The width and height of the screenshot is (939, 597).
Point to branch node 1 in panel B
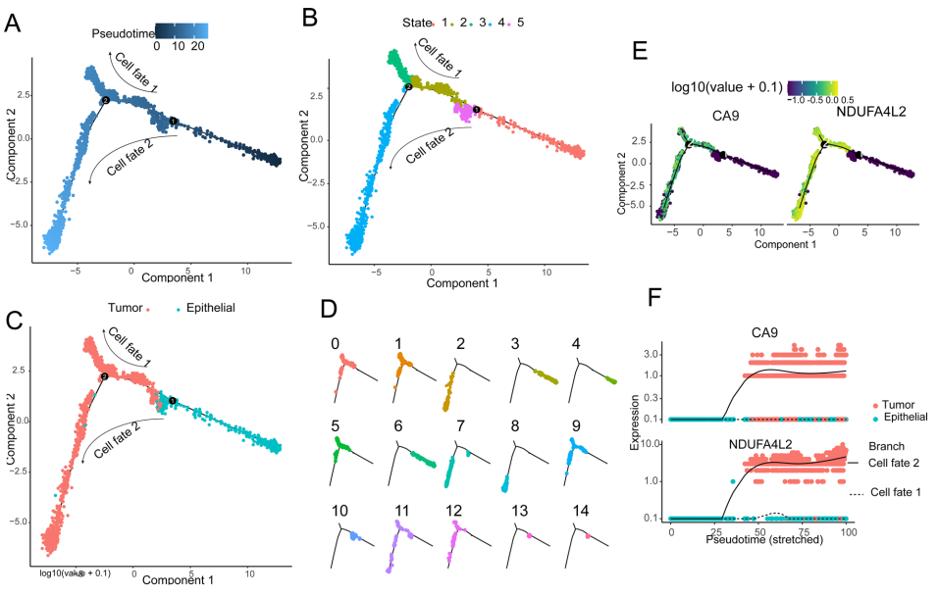coord(476,110)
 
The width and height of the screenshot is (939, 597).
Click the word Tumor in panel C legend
coord(126,308)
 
